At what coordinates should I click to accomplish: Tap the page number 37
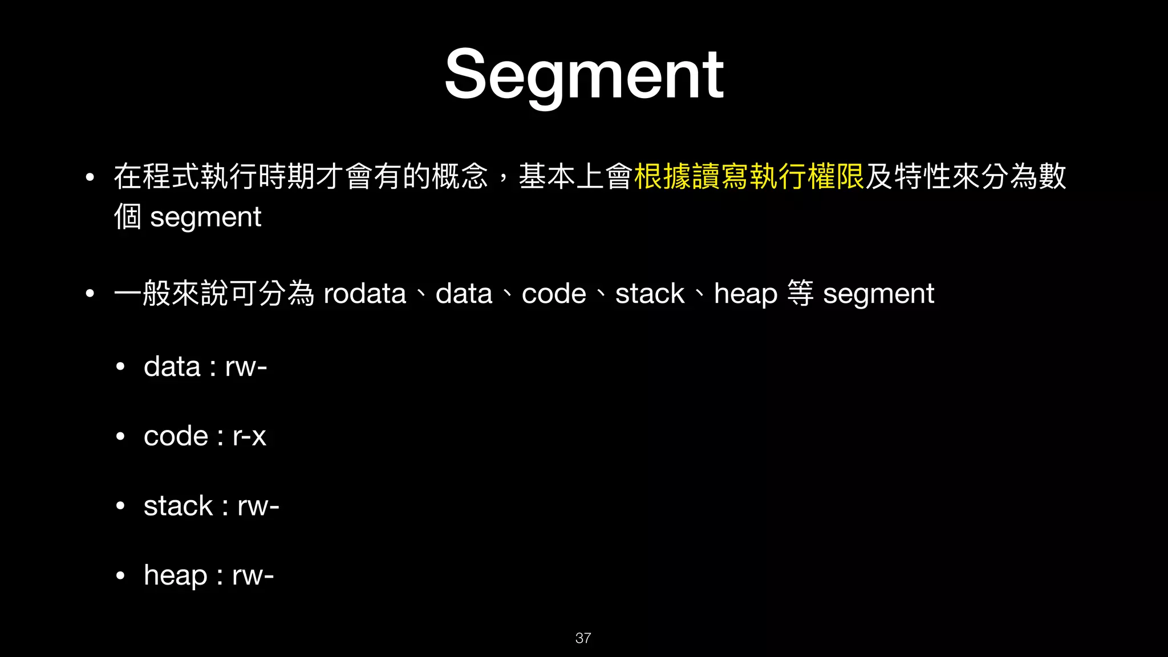click(583, 638)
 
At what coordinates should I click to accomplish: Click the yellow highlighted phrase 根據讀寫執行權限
click(749, 176)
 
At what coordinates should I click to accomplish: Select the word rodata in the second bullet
click(364, 294)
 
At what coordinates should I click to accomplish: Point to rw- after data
click(246, 367)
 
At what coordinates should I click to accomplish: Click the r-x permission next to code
click(249, 437)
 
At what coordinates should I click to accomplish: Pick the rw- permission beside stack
click(258, 506)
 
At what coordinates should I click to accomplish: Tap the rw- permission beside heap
click(253, 575)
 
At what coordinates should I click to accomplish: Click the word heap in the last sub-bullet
click(175, 575)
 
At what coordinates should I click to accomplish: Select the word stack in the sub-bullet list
click(178, 506)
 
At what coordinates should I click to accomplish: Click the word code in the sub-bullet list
click(176, 437)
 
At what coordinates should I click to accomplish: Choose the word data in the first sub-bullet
click(172, 367)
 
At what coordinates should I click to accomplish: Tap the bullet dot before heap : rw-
click(120, 576)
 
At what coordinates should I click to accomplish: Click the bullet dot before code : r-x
click(120, 437)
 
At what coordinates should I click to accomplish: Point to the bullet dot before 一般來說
click(90, 294)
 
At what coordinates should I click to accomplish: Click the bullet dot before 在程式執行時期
click(90, 177)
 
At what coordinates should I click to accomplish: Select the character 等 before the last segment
click(800, 294)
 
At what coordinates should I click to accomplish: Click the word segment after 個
click(205, 217)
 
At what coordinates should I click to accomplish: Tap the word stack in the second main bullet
click(650, 294)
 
